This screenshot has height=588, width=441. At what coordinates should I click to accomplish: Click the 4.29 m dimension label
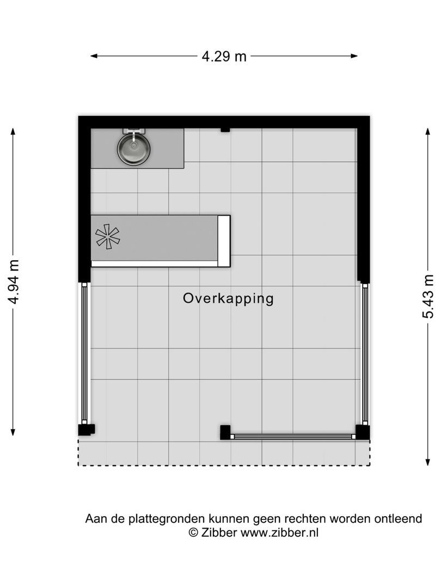coord(224,56)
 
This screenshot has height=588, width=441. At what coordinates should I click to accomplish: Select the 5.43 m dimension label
coord(428,297)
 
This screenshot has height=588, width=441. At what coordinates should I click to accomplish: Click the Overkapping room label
coord(228,298)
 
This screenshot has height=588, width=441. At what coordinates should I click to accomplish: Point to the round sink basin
coord(134,149)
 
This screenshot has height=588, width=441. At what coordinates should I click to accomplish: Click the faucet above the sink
coord(134,132)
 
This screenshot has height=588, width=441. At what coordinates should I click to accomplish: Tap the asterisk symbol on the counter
coord(107,236)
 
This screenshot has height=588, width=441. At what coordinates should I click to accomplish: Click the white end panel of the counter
coord(224,241)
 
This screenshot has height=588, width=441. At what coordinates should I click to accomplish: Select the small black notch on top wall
coord(225,130)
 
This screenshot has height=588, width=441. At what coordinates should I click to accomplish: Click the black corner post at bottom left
coord(85,430)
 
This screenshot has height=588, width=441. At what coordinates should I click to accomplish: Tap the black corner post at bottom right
coord(363,432)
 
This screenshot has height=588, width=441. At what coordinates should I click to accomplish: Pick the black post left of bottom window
coord(225,432)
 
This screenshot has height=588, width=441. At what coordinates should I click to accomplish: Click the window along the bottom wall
coord(293,436)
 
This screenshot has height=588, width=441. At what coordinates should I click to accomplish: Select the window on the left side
coord(84,353)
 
